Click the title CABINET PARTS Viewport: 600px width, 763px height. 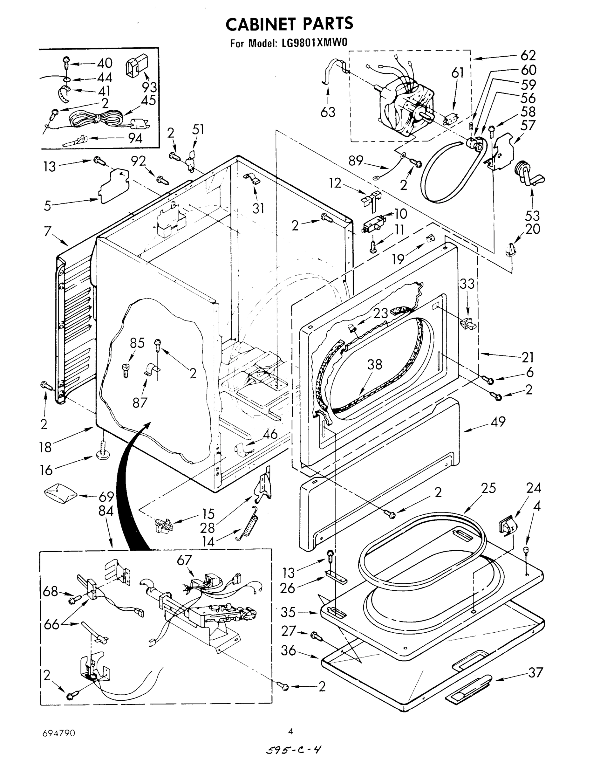coord(289,24)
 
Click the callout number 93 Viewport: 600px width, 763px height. coord(149,87)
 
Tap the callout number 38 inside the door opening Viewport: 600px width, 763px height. coord(374,364)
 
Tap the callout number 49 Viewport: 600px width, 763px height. coord(498,421)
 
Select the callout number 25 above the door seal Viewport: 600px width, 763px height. coord(488,488)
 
